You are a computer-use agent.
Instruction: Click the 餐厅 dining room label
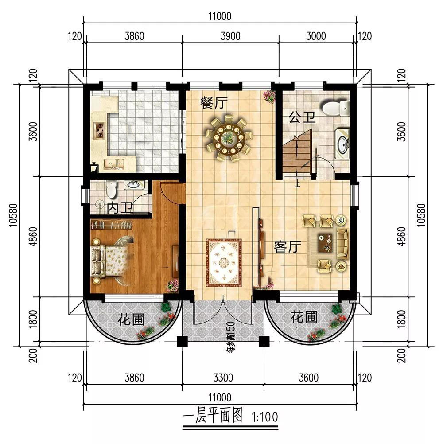tap(214, 102)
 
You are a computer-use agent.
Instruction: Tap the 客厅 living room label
tap(287, 247)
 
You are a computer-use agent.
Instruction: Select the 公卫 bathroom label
tap(302, 117)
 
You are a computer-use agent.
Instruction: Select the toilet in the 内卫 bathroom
tap(111, 189)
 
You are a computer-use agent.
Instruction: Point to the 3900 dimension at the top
tap(231, 36)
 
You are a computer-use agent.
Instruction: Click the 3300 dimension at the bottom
tap(223, 378)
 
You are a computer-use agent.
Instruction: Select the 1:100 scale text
tap(265, 417)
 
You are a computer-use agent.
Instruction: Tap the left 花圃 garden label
tap(131, 319)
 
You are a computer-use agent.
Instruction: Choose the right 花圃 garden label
tap(304, 316)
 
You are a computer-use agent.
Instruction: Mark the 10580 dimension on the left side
tap(13, 215)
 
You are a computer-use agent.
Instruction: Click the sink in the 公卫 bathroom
tap(342, 143)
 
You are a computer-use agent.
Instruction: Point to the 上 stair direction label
tap(297, 183)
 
